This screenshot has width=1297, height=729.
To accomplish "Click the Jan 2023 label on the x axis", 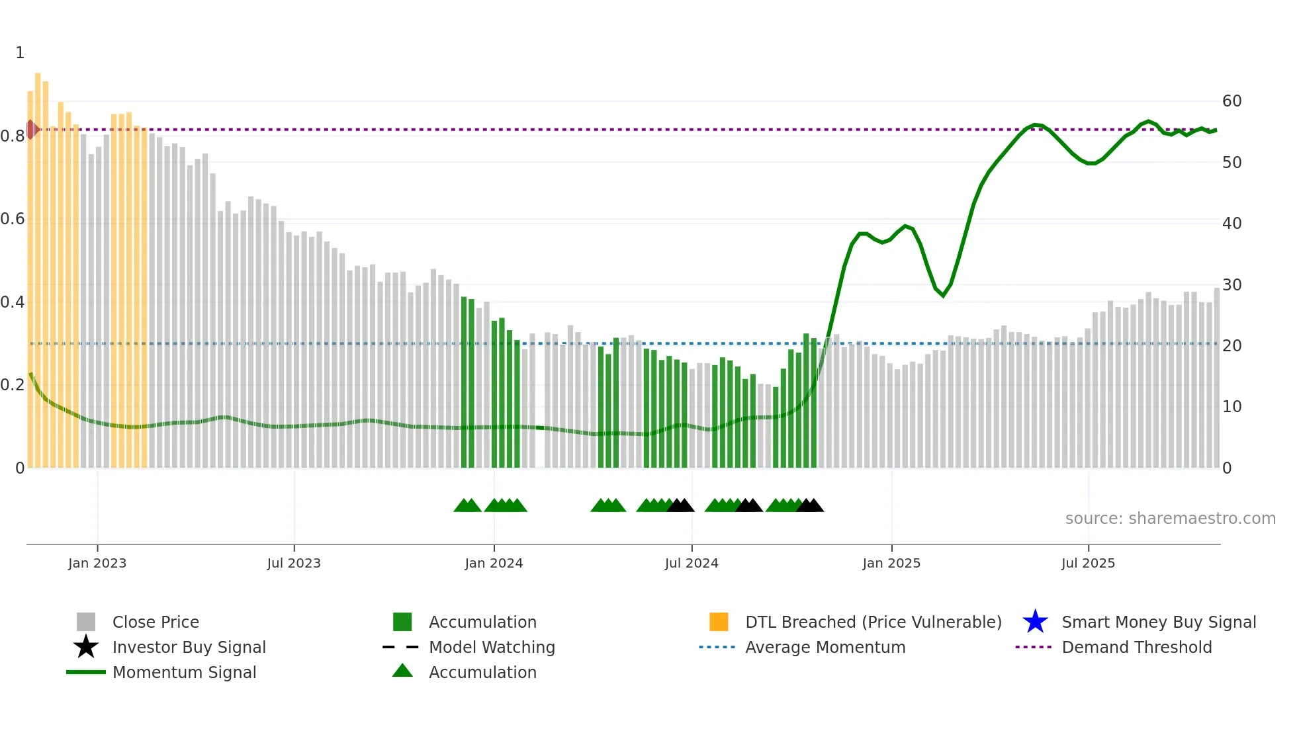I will tap(97, 563).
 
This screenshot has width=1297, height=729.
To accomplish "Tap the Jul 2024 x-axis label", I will tap(692, 563).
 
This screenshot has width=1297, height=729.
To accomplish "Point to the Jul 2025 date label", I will tap(1088, 563).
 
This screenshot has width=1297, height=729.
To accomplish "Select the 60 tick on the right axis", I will tap(1231, 101).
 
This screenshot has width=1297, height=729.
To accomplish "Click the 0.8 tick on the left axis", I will tap(13, 136).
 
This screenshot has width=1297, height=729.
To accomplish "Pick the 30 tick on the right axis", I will tap(1231, 284).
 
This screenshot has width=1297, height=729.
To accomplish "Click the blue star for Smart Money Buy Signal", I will tap(1035, 622).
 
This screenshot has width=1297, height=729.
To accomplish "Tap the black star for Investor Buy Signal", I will tap(86, 647).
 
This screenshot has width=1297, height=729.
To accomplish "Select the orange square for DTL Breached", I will tap(719, 622).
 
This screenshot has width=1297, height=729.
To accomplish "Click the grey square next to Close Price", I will tap(86, 622).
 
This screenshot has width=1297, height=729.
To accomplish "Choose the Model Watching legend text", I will tap(492, 647).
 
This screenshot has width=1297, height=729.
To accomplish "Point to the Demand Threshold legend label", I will tap(1136, 647).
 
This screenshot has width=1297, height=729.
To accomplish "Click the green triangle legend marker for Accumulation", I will tap(402, 671).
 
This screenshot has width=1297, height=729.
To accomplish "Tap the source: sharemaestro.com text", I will tap(1170, 518).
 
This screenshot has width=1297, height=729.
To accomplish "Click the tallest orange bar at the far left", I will tap(38, 265).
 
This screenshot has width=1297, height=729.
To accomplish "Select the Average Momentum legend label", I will tap(825, 647).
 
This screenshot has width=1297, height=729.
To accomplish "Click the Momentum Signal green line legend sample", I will tap(86, 672).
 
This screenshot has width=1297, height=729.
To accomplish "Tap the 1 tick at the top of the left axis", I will tap(20, 53).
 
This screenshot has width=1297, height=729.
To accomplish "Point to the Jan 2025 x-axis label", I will tap(891, 563).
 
